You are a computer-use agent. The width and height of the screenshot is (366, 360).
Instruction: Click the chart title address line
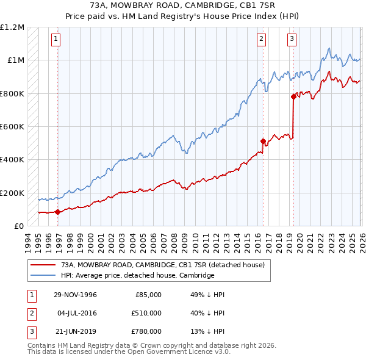(183, 5)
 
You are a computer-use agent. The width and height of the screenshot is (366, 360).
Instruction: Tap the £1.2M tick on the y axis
(13, 27)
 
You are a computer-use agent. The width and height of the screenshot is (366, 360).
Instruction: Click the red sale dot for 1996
(57, 212)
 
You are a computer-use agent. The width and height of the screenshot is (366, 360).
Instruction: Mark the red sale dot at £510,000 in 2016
(263, 142)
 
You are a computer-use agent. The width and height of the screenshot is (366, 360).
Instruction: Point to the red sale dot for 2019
(293, 96)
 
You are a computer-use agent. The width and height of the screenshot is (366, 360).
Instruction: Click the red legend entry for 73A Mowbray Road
(162, 265)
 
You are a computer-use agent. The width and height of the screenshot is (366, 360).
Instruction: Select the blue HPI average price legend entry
(137, 276)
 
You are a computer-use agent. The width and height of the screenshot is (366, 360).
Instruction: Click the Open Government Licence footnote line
(129, 352)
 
